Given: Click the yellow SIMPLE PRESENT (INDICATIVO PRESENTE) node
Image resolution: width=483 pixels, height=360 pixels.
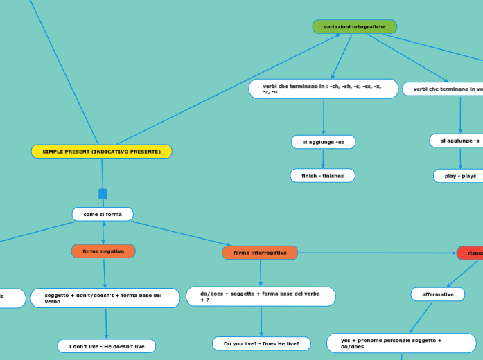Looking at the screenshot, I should pos(101,152).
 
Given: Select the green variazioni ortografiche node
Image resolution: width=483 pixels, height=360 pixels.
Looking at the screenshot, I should pos(354,27).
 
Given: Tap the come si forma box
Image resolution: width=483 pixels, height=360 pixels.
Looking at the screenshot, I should pos(103,215).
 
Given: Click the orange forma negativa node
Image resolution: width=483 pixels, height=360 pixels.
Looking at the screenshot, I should pos(103,251).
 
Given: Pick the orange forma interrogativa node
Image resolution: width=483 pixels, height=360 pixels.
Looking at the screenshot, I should pos(260,253).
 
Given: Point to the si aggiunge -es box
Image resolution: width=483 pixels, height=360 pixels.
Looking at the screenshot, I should pos(323,142).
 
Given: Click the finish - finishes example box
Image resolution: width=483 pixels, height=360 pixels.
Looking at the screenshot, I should pos(322,176).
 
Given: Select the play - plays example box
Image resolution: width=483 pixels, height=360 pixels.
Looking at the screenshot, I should pos(459,176).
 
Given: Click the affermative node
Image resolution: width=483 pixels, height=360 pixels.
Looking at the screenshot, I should pos(437,294).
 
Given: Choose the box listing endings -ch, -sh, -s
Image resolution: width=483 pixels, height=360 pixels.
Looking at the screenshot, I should pos(323,89).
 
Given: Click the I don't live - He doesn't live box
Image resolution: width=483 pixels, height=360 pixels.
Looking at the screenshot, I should pos(106,346).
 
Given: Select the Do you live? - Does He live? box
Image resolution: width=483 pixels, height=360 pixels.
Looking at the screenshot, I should pos(261,343).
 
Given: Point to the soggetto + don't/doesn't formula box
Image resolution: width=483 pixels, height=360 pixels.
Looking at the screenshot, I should pos(105,298).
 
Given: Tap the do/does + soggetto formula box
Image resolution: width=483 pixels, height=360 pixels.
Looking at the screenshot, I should pos(261,296).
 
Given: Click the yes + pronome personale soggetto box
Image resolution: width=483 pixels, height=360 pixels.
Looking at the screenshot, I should pos(401,343).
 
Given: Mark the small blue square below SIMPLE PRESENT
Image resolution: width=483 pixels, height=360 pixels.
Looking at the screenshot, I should pos(103,194).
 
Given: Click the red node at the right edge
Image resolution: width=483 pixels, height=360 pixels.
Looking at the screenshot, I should pos(471,253).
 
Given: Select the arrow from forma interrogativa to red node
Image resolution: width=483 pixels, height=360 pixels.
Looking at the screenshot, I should pos(378,253).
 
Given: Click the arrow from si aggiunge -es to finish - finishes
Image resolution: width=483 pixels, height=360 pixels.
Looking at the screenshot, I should pos(323,159).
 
